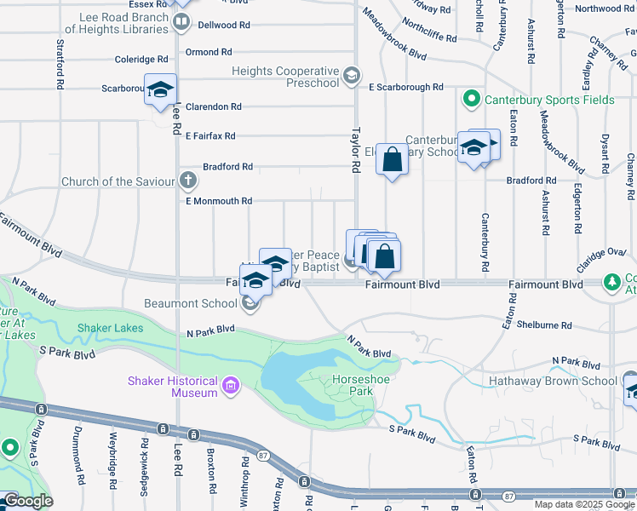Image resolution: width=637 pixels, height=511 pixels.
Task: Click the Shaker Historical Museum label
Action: click(173, 387)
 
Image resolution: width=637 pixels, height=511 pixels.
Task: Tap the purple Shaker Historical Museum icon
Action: click(228, 388)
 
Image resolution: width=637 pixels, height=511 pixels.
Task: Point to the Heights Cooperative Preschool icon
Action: click(350, 77)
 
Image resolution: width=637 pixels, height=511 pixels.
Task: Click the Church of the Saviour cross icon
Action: click(188, 181)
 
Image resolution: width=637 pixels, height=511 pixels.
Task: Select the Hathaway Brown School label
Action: click(558, 381)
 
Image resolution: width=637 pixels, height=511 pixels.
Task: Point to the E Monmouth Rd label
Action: click(219, 201)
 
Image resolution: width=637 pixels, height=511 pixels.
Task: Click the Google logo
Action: click(27, 501)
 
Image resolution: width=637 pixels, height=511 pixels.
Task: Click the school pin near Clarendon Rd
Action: click(159, 91)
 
